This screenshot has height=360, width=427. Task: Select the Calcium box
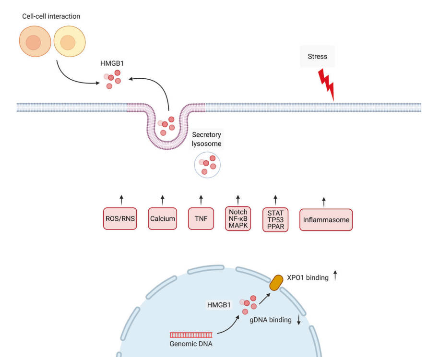(162, 219)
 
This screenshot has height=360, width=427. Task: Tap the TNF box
(201, 219)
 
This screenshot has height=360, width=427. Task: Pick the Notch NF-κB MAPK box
(238, 219)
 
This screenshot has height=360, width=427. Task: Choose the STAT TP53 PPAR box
(275, 220)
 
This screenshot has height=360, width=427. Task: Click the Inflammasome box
(326, 220)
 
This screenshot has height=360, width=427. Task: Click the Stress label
(317, 57)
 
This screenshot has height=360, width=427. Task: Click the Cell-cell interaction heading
(51, 16)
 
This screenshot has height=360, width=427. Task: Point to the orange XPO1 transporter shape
(276, 283)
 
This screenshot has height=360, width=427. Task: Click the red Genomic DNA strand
(191, 335)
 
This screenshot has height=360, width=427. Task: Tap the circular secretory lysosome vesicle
(207, 165)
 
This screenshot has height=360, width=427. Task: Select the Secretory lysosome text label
(207, 140)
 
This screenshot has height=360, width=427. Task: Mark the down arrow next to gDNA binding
(299, 320)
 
